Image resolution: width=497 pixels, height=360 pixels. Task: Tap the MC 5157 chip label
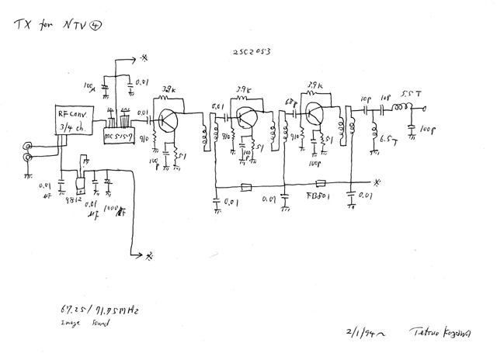(121, 137)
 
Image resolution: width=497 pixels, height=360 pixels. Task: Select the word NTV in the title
(76, 25)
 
